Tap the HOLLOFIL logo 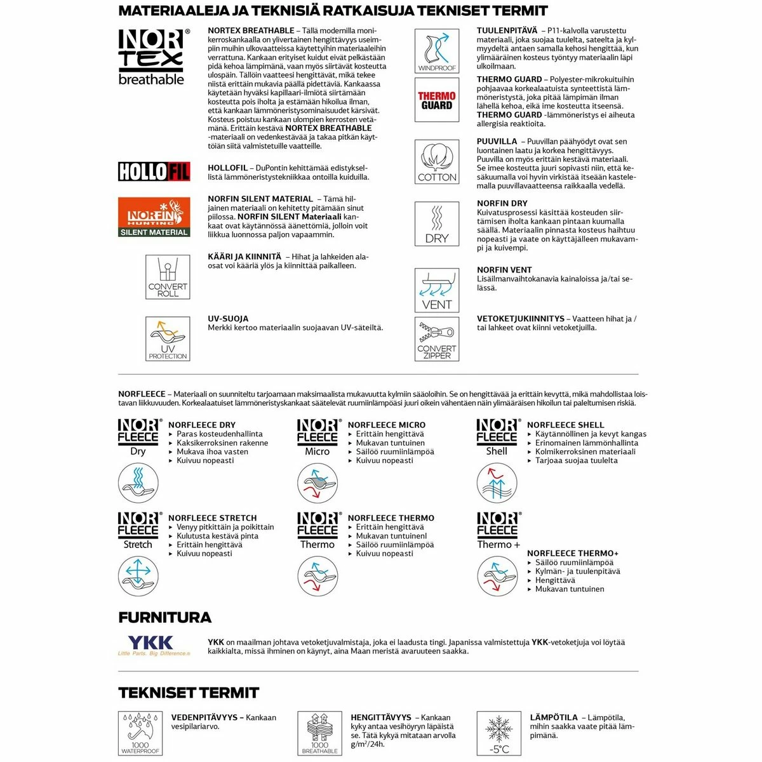(154, 171)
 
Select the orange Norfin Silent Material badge (154, 217)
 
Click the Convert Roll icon (168, 277)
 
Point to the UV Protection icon (168, 339)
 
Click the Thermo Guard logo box (437, 100)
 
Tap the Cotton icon (437, 163)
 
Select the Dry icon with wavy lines (437, 224)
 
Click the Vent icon (437, 290)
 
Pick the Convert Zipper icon (437, 339)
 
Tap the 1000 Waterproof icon (140, 733)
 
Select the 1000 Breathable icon (320, 733)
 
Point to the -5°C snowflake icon (499, 733)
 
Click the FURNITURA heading (165, 617)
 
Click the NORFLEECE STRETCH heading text (213, 518)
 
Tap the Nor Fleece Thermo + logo (498, 531)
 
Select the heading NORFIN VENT (504, 270)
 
